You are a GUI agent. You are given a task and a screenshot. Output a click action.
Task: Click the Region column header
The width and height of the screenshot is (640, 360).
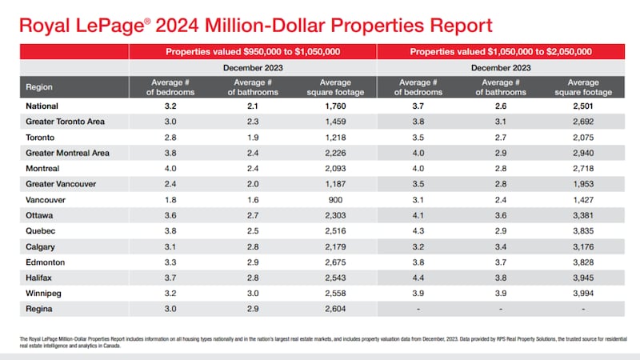click(x=39, y=86)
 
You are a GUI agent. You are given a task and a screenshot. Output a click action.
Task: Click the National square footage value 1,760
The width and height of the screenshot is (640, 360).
click(x=334, y=105)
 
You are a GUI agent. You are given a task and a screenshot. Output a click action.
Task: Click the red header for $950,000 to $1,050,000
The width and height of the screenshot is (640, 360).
click(x=253, y=52)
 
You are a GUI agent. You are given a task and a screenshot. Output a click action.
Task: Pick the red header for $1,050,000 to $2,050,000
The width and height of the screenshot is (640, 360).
click(x=501, y=52)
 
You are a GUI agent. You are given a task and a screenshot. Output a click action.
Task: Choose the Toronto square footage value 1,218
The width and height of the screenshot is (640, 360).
click(x=334, y=136)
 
